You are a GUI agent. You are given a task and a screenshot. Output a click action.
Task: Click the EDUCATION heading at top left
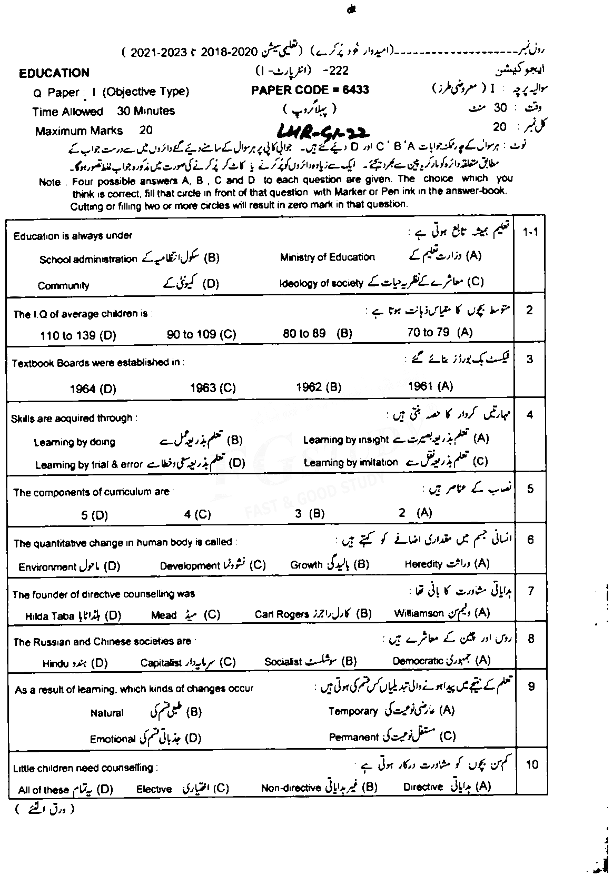pyautogui.click(x=54, y=73)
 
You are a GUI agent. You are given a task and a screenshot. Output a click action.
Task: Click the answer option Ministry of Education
pyautogui.click(x=328, y=257)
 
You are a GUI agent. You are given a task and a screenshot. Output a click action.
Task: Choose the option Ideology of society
pyautogui.click(x=321, y=283)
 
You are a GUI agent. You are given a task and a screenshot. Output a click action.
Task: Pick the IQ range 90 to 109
pyautogui.click(x=202, y=334)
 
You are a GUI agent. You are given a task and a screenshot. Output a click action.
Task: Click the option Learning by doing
pyautogui.click(x=74, y=442)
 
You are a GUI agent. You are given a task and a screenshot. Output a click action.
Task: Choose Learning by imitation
pyautogui.click(x=351, y=462)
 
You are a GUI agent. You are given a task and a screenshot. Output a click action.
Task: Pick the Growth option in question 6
pyautogui.click(x=306, y=565)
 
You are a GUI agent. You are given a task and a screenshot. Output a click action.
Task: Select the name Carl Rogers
pyautogui.click(x=282, y=614)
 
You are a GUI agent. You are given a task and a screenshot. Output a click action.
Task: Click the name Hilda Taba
pyautogui.click(x=50, y=616)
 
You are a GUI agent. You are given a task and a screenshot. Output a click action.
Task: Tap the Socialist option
pyautogui.click(x=283, y=662)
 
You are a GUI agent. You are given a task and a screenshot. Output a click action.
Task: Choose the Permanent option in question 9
pyautogui.click(x=354, y=737)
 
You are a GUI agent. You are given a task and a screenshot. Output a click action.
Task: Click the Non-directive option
pyautogui.click(x=291, y=788)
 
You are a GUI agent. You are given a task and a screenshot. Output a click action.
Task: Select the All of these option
pyautogui.click(x=43, y=790)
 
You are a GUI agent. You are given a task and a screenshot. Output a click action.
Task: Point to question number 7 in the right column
pyautogui.click(x=530, y=592)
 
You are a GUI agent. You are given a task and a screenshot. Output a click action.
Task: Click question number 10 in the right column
pyautogui.click(x=532, y=764)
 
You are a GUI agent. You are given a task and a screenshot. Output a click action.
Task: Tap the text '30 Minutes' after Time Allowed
pyautogui.click(x=146, y=111)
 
